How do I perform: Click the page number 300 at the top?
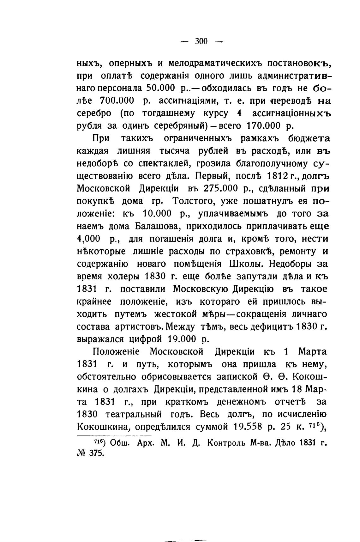coord(201,41)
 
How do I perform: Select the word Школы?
coord(247,264)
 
